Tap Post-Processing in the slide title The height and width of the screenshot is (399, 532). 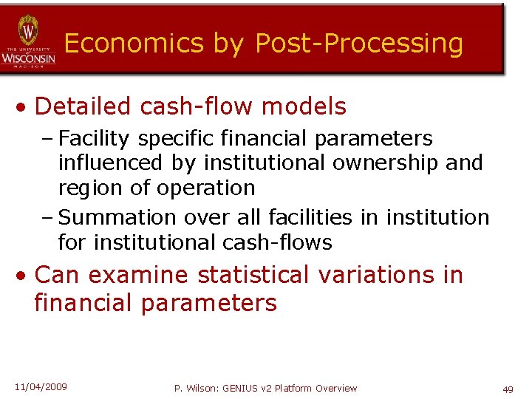[x=359, y=44]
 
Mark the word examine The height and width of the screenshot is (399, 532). [x=140, y=275]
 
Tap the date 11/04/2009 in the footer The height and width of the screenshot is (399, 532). [x=40, y=386]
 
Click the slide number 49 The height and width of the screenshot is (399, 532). [x=508, y=389]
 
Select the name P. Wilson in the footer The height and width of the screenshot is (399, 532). [x=196, y=388]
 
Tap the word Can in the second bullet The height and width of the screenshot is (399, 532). [x=58, y=275]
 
